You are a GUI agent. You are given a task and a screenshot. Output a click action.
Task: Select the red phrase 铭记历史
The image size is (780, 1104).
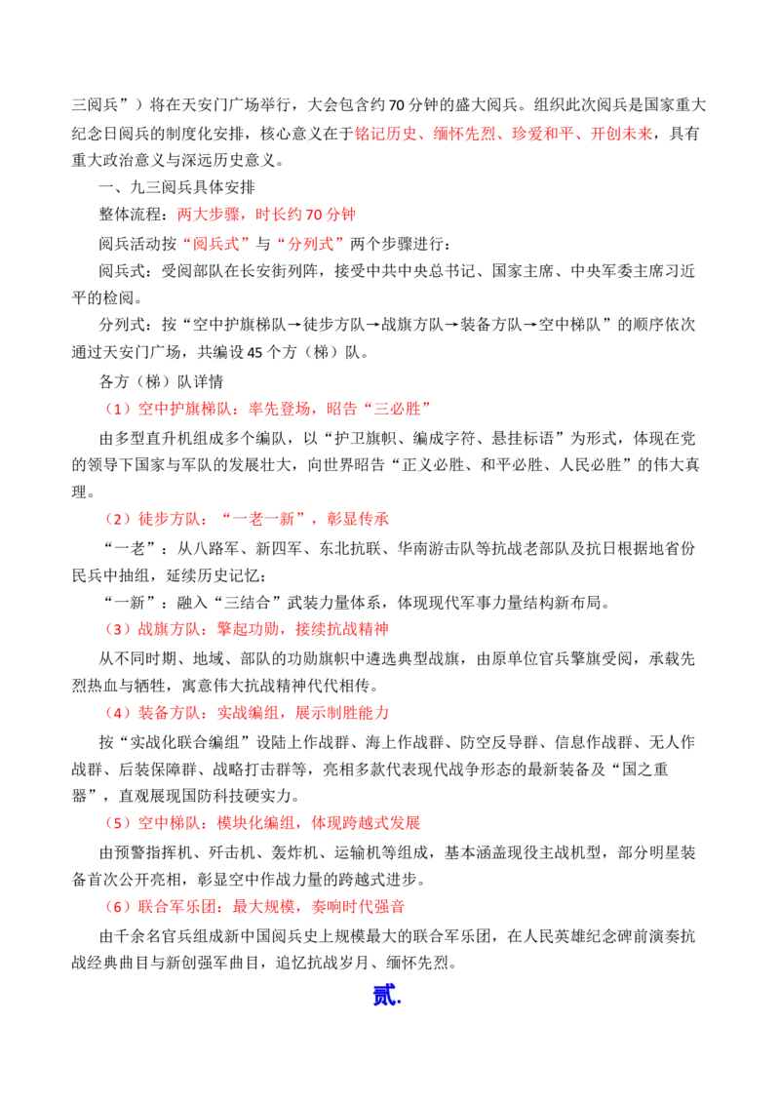386,133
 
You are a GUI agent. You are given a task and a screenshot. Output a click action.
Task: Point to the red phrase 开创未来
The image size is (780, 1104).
622,133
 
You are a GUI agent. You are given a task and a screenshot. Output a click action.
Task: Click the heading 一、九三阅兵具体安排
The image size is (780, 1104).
176,187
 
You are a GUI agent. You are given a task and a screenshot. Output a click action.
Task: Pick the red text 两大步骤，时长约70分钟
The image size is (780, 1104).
266,215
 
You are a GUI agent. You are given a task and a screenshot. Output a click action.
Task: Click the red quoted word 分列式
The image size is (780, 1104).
310,244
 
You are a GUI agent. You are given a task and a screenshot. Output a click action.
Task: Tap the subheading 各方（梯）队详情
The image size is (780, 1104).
161,381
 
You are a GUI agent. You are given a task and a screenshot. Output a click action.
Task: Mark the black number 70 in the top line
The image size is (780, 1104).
396,105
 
